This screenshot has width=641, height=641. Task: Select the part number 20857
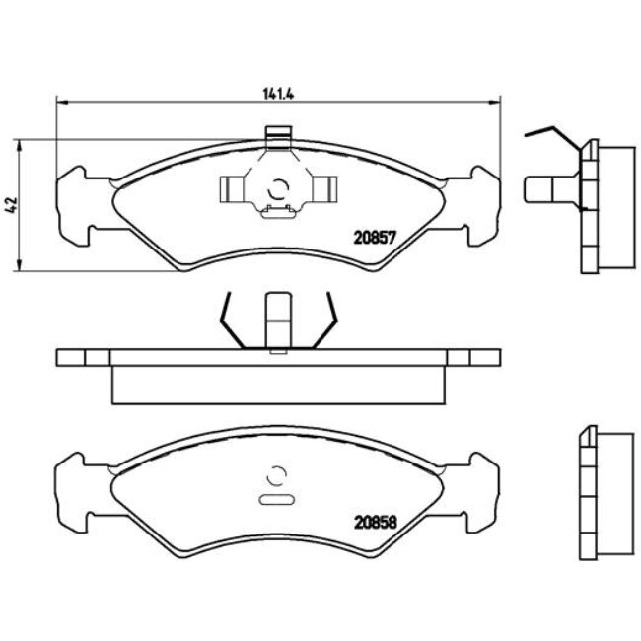375,237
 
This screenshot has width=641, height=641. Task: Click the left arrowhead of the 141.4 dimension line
62,102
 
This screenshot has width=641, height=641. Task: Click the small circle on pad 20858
277,474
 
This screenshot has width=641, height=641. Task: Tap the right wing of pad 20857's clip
322,185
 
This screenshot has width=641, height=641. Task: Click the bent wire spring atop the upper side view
551,133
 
